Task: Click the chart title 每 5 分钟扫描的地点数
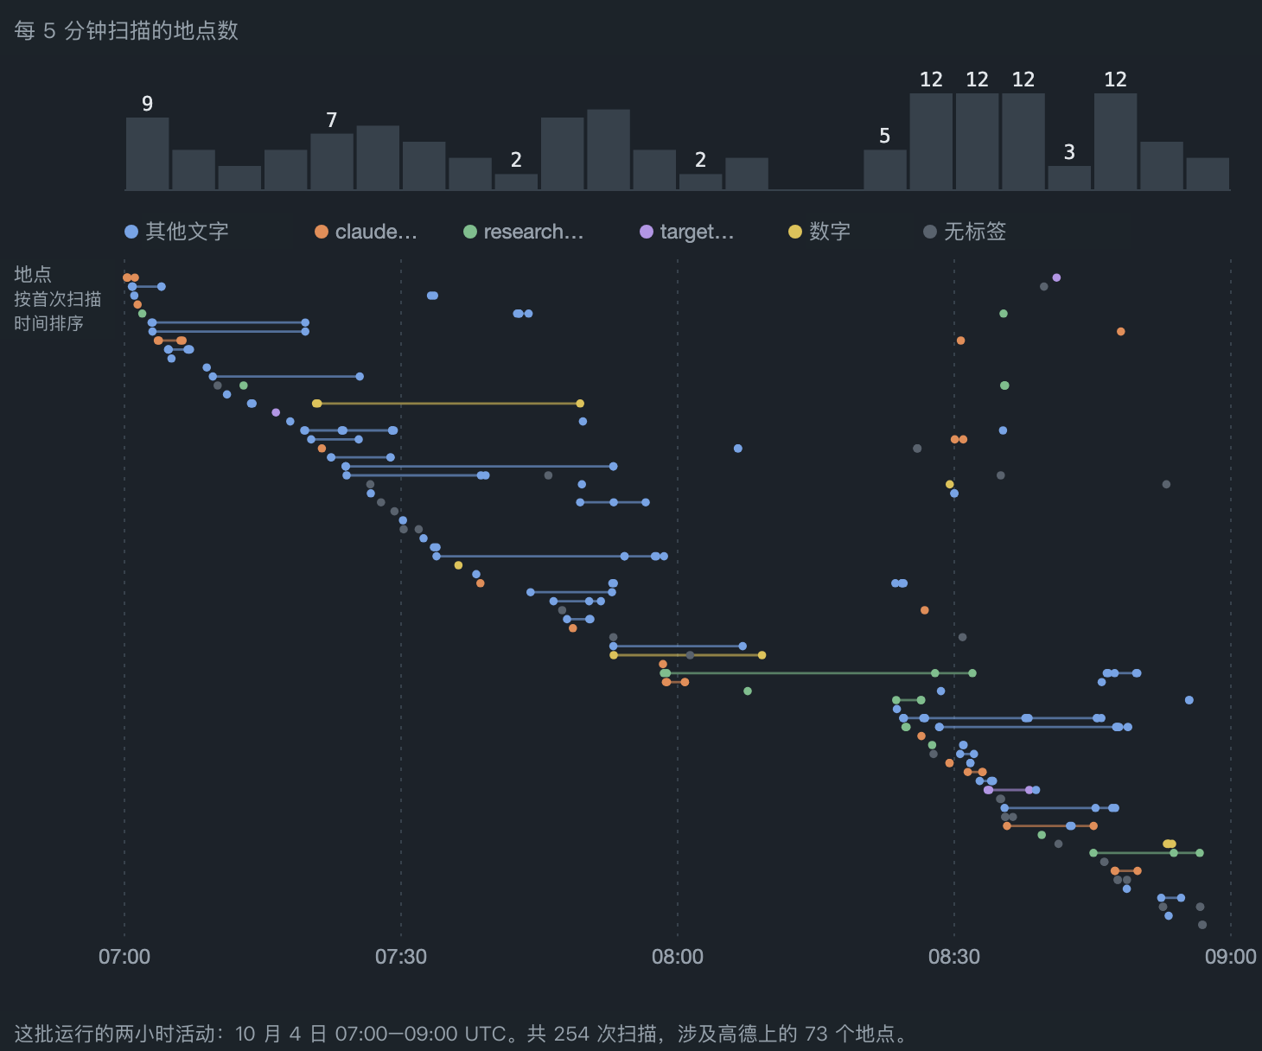(126, 30)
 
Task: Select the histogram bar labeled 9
(148, 154)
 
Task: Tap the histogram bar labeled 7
(332, 162)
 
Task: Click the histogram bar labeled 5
(885, 169)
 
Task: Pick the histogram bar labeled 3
(1069, 178)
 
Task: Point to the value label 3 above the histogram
(1069, 152)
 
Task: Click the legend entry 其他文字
(176, 232)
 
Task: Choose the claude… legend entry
(366, 232)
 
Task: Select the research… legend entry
(524, 232)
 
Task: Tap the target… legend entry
(686, 232)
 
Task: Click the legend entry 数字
(819, 232)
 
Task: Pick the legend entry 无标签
(965, 232)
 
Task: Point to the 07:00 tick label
(124, 957)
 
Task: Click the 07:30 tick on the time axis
(401, 957)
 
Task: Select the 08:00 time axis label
(678, 957)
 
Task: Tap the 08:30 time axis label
(954, 957)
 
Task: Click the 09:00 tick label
(1231, 957)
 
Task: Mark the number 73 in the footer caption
(816, 1034)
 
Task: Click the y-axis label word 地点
(33, 274)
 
